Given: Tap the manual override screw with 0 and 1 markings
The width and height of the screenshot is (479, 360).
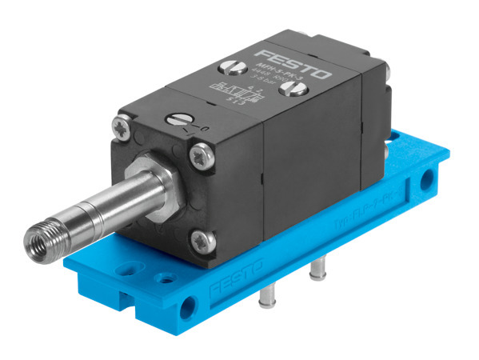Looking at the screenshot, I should pos(178,120).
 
